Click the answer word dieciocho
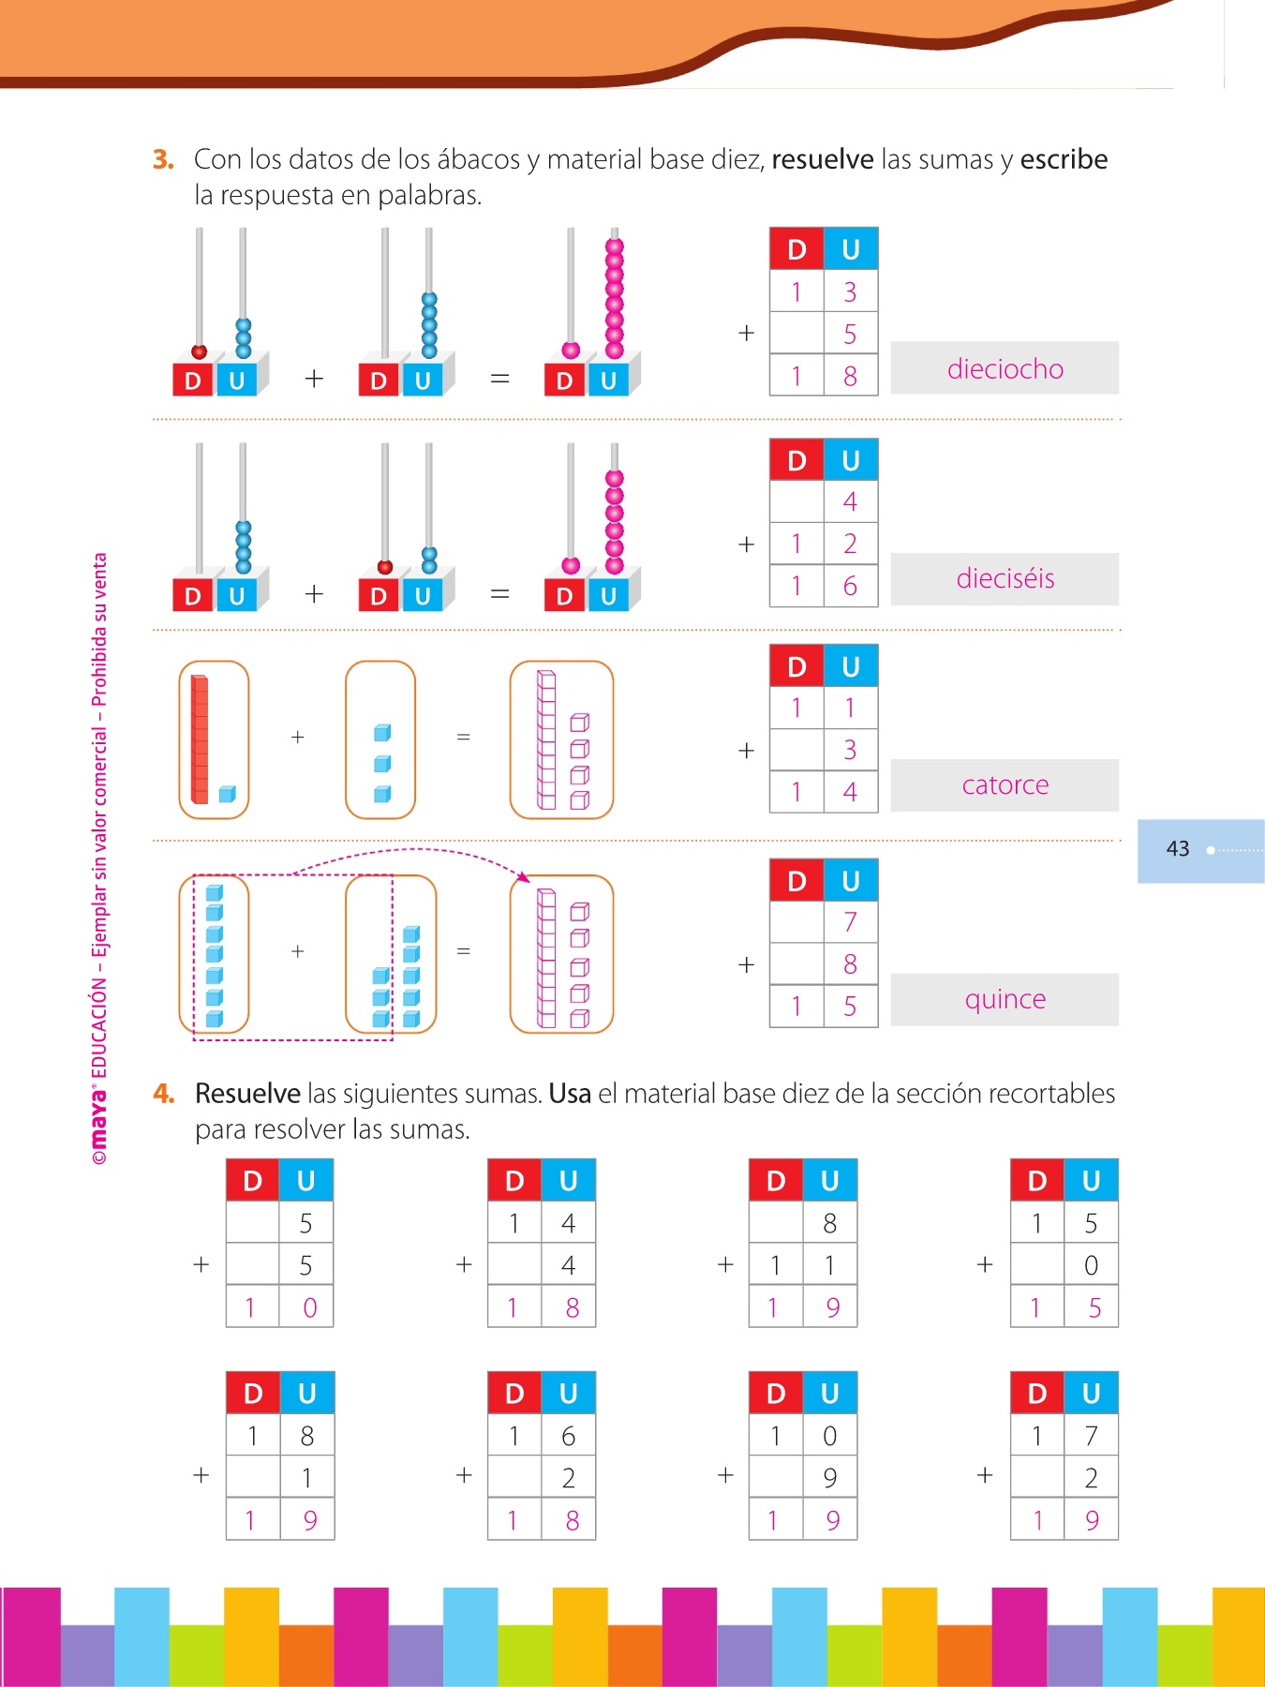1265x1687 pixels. (1005, 369)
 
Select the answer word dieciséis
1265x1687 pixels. (1005, 578)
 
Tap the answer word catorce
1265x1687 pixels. (1005, 784)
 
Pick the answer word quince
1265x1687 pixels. (1005, 999)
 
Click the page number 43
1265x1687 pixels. (1177, 849)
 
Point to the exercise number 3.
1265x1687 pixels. (163, 159)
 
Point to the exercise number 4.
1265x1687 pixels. (163, 1094)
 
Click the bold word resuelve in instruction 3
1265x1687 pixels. (822, 159)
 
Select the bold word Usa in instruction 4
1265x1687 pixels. (570, 1094)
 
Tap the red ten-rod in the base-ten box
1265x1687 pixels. (200, 739)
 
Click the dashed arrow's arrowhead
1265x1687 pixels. (524, 877)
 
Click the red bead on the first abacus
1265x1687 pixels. (199, 352)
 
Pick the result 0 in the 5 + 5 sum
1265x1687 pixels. (310, 1307)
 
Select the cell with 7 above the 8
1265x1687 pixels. (850, 922)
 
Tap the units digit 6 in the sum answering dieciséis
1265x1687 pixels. (850, 586)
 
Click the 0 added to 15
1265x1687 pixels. (1091, 1265)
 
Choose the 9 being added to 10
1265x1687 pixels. (830, 1478)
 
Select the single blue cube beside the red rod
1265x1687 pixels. (227, 795)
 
